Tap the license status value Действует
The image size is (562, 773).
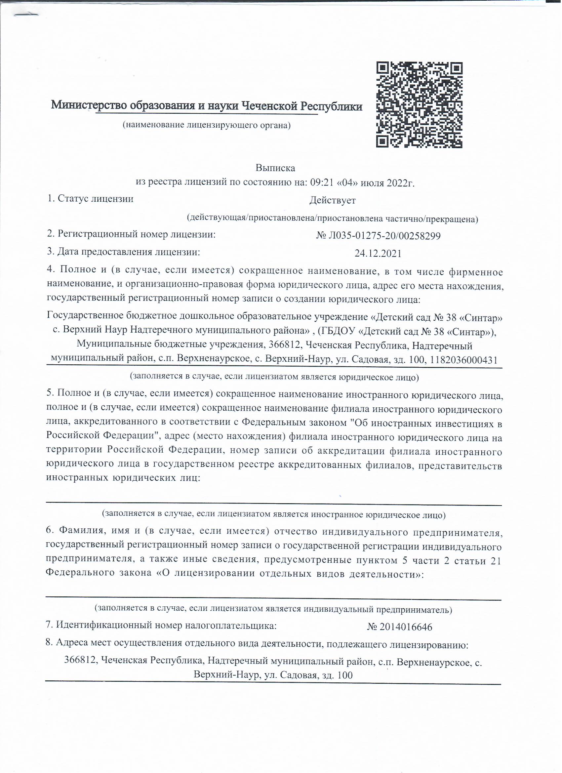pos(333,200)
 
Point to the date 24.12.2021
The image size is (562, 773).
pos(378,254)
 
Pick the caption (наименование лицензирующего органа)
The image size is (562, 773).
pos(207,125)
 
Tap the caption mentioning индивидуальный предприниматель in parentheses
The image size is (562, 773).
pos(273,609)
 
